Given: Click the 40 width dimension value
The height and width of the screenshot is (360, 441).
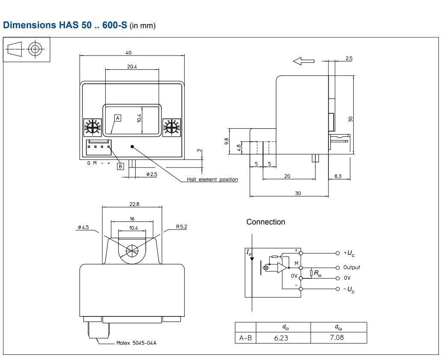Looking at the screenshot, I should pyautogui.click(x=128, y=53).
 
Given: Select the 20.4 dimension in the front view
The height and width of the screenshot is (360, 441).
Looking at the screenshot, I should pyautogui.click(x=132, y=67).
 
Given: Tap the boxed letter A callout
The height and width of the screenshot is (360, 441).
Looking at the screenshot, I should pyautogui.click(x=118, y=118).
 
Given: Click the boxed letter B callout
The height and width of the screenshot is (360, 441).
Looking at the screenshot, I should pyautogui.click(x=120, y=166).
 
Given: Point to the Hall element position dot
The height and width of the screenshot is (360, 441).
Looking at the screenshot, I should pyautogui.click(x=133, y=147).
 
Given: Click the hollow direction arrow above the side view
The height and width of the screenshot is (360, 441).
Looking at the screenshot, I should pyautogui.click(x=304, y=62).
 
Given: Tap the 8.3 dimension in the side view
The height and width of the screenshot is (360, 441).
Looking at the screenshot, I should pyautogui.click(x=338, y=176).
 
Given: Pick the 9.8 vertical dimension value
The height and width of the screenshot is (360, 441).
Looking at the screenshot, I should pyautogui.click(x=227, y=141).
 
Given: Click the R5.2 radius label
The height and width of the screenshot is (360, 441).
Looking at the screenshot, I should pyautogui.click(x=181, y=227).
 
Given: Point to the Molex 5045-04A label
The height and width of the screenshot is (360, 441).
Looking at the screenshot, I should pyautogui.click(x=136, y=343).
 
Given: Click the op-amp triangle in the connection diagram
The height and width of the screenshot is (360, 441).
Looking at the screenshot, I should pyautogui.click(x=282, y=268).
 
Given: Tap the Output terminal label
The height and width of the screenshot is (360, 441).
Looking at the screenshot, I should pyautogui.click(x=351, y=267).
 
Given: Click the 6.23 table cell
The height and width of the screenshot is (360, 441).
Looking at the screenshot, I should pyautogui.click(x=281, y=338).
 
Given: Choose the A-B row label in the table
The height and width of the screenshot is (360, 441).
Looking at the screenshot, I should pyautogui.click(x=245, y=338).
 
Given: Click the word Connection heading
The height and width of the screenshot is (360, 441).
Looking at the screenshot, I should pyautogui.click(x=265, y=222).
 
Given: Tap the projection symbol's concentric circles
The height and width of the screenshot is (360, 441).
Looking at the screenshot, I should pyautogui.click(x=35, y=49).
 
